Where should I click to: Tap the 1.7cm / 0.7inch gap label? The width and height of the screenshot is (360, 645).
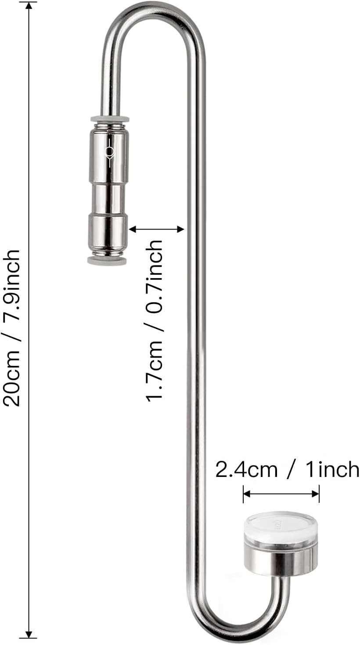tap(155, 320)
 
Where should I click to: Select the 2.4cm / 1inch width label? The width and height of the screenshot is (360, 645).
tap(287, 469)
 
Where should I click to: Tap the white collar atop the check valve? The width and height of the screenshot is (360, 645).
tap(110, 119)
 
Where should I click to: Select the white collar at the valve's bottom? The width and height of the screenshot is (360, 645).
tap(107, 261)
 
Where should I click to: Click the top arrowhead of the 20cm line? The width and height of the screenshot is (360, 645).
tap(29, 5)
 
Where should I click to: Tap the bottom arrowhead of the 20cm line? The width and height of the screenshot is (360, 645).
tap(29, 634)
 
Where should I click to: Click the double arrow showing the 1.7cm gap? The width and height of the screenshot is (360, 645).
tap(156, 229)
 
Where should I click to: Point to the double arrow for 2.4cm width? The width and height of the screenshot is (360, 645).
tap(281, 494)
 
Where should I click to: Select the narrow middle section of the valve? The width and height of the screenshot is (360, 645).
tap(108, 199)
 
